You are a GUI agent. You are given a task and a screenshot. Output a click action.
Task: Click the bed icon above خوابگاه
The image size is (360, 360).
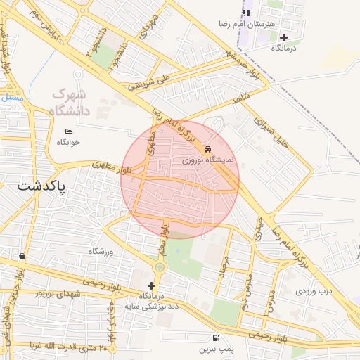coord(68,131)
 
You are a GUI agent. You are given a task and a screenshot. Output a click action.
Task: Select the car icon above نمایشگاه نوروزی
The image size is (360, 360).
coord(207,149)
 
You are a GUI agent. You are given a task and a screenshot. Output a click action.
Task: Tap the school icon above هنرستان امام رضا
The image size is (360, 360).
coord(246,13)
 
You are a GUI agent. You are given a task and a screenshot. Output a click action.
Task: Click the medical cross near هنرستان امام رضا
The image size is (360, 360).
coord(283,37)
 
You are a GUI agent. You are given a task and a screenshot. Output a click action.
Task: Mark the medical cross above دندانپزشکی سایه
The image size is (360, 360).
coord(151,285)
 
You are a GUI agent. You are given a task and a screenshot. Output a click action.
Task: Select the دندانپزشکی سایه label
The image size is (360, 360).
coord(149,307)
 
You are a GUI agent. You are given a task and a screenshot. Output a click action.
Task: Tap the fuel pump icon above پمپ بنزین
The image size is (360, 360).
coord(214,337)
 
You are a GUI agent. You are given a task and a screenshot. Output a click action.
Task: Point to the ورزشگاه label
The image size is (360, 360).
coord(101,251)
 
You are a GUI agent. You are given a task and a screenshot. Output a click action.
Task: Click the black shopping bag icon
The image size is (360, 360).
coord(22,257)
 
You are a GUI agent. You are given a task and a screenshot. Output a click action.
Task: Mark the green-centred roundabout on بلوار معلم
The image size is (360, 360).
coord(160,266)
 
